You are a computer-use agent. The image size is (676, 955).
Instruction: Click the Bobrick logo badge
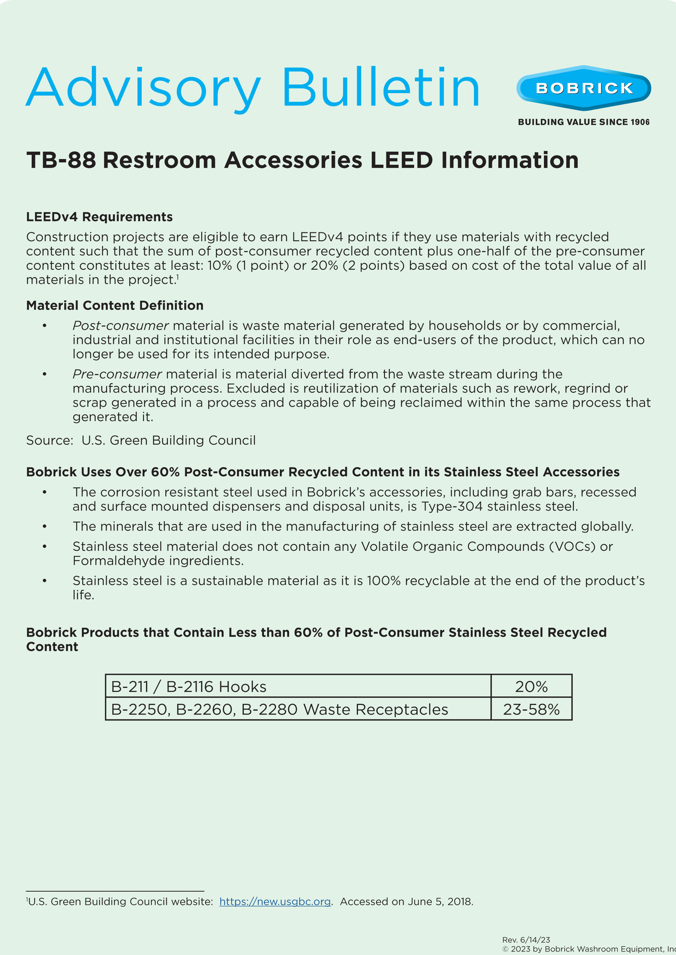pos(584,88)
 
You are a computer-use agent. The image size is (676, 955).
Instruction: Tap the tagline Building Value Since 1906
pos(584,122)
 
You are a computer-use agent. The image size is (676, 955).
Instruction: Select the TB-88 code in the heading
pos(61,160)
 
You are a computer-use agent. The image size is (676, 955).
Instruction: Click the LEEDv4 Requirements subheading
pos(99,217)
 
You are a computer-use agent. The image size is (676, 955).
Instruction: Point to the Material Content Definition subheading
pos(115,305)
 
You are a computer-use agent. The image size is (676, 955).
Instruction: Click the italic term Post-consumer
pos(120,325)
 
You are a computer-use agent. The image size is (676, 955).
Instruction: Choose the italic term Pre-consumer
pos(117,374)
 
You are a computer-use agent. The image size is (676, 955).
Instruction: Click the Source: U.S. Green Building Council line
pos(141,440)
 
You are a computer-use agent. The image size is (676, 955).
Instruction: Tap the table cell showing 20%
pos(531,686)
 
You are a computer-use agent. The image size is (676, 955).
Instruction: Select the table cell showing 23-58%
pos(531,709)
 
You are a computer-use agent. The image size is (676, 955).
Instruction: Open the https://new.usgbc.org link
pos(275,901)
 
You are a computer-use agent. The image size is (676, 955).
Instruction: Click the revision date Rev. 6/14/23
pos(526,939)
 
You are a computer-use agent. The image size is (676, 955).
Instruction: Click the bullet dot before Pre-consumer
pos(45,374)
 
